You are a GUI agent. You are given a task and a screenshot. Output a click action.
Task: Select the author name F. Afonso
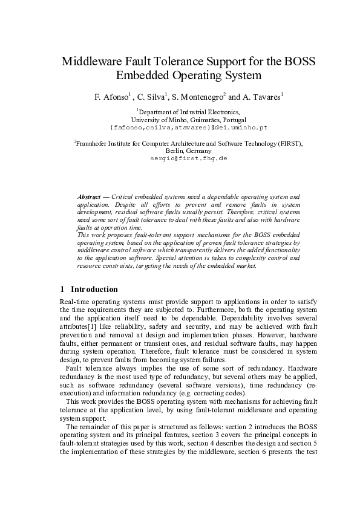pos(106,96)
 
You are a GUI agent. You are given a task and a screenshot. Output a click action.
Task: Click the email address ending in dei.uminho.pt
pos(189,128)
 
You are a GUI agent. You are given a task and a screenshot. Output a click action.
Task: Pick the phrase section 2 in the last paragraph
pos(232,426)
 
